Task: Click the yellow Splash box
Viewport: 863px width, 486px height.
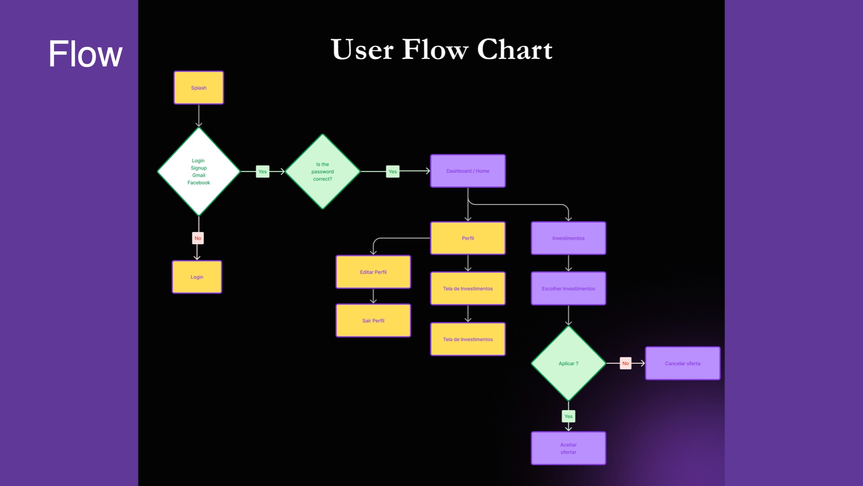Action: [199, 88]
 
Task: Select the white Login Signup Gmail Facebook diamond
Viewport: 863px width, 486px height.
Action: [199, 171]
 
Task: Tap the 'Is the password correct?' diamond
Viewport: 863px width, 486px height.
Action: [322, 171]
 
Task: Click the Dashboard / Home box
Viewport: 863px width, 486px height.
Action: [467, 171]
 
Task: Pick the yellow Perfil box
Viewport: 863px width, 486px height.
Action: [467, 238]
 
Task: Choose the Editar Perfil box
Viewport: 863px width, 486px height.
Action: [373, 272]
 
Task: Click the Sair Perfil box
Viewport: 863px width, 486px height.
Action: [373, 320]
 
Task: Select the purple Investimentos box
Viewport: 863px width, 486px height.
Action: [568, 238]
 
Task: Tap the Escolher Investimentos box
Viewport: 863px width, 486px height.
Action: [568, 288]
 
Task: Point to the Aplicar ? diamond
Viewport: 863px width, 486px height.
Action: [568, 363]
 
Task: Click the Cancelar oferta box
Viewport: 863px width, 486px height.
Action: [682, 363]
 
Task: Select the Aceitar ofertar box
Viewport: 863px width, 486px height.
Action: [568, 448]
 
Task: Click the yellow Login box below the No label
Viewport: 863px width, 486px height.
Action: [197, 277]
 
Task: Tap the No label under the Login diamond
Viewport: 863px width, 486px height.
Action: [198, 238]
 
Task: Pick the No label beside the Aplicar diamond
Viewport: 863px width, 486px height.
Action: [625, 363]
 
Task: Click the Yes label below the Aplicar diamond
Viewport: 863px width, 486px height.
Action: [568, 416]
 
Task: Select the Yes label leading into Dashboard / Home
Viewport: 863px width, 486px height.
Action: [392, 171]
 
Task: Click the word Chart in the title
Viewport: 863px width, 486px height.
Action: [515, 49]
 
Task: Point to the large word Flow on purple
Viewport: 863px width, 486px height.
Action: [85, 54]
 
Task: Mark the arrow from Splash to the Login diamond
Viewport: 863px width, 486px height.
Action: [199, 116]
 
